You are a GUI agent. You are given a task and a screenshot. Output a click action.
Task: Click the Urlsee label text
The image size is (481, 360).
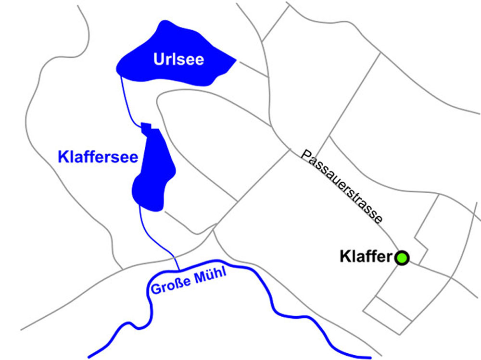(178, 59)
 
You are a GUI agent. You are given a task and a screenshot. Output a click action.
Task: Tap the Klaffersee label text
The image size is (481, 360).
(98, 157)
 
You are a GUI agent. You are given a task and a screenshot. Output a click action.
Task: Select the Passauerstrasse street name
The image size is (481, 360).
(342, 187)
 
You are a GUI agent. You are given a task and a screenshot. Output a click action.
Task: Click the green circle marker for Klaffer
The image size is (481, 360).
(402, 258)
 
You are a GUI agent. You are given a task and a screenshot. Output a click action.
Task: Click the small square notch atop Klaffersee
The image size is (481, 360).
(146, 126)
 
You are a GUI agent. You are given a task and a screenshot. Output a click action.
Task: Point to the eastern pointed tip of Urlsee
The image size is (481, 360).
(234, 61)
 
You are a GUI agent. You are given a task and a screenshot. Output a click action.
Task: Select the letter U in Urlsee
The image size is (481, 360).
(158, 59)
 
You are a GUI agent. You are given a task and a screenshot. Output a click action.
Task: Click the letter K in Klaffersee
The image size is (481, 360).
(62, 157)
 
